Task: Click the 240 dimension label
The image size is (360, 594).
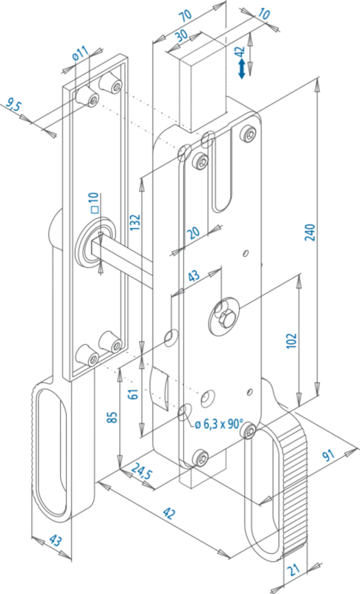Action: pos(310,232)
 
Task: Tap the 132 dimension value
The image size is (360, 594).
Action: pos(135,222)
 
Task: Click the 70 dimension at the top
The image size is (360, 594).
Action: pos(186,15)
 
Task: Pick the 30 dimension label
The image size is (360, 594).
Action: pos(182,36)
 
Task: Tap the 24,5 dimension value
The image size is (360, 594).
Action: pos(142,471)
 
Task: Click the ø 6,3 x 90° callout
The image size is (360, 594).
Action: pos(219,424)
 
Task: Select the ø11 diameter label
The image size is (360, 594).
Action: pos(80,53)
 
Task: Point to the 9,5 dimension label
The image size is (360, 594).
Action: pos(14,105)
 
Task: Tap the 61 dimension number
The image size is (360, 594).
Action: pos(133,394)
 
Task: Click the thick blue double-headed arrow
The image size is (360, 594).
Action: pos(241,70)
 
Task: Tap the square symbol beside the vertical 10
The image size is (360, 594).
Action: pos(95,209)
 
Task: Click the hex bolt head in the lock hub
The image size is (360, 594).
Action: pos(226,318)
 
